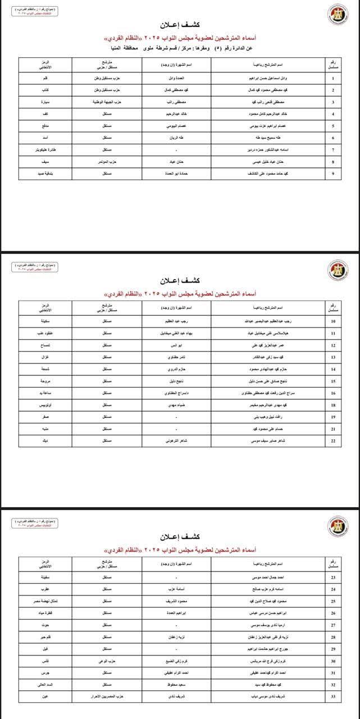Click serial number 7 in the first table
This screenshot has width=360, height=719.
point(334,150)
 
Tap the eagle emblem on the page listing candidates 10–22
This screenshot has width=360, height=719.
point(338,270)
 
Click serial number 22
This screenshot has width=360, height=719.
point(334,440)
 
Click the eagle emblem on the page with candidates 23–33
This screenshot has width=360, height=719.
point(338,525)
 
